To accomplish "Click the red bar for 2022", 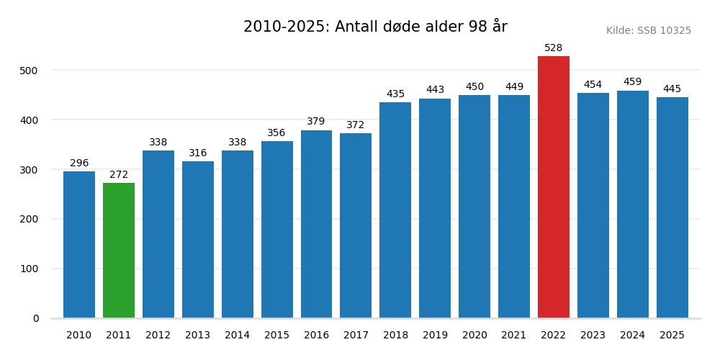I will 553,187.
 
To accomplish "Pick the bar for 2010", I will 79,245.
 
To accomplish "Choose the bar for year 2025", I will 672,208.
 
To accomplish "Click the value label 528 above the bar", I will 553,48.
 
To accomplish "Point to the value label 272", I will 119,175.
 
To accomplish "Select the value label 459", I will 632,82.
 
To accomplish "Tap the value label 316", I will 198,153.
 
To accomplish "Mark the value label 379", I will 316,122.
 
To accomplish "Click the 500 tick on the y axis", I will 29,71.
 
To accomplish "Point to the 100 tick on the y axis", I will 29,269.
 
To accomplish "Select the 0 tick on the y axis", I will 36,318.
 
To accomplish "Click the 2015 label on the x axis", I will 276,336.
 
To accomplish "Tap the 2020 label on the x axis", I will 474,336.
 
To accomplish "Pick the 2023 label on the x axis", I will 593,336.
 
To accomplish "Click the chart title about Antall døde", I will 375,27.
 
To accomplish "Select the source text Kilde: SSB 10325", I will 648,31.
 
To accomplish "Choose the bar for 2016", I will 316,224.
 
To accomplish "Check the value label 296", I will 79,163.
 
